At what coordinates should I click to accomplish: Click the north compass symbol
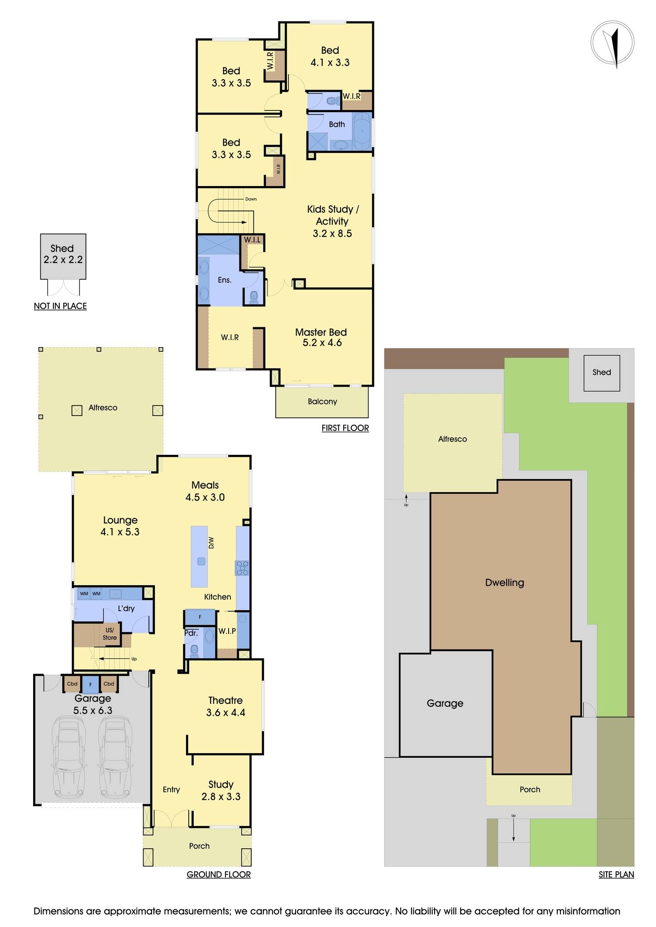613,43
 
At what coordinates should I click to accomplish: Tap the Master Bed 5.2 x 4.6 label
321,338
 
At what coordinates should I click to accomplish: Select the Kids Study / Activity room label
333,221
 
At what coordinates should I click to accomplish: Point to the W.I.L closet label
253,239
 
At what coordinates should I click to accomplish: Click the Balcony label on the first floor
322,401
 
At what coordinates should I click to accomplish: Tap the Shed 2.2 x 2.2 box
63,256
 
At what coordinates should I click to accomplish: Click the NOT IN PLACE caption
60,306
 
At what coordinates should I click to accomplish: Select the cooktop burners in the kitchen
242,568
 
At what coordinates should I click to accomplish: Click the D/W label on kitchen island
211,543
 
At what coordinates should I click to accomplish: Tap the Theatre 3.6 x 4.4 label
225,706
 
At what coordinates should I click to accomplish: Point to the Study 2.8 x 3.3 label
221,790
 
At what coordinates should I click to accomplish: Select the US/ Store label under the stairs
110,634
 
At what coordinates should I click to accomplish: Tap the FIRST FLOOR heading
345,428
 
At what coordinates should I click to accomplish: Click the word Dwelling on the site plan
504,583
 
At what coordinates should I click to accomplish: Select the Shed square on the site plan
601,373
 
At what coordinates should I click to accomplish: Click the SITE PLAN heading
616,874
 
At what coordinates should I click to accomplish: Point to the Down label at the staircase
251,199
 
